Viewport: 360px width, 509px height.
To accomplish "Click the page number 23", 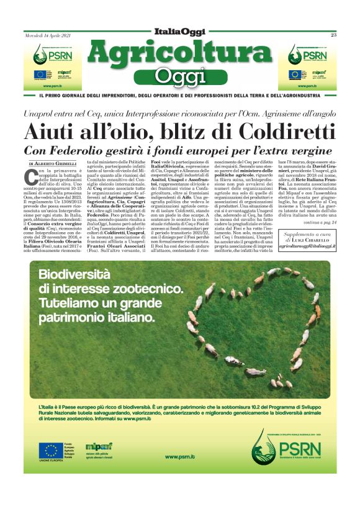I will (333, 35).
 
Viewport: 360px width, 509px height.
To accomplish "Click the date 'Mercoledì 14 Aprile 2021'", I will (48, 35).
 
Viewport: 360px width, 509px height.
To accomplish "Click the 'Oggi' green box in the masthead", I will (179, 77).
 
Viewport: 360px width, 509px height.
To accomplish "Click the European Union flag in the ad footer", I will (50, 451).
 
